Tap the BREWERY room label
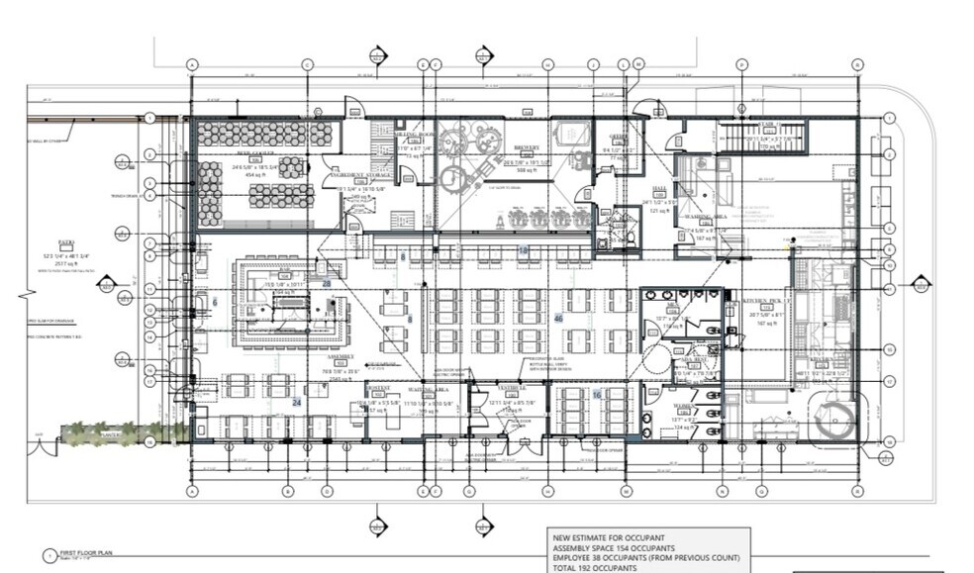(525, 146)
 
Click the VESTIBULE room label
(511, 389)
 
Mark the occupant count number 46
(558, 319)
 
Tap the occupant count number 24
(296, 402)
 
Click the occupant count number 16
(596, 394)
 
